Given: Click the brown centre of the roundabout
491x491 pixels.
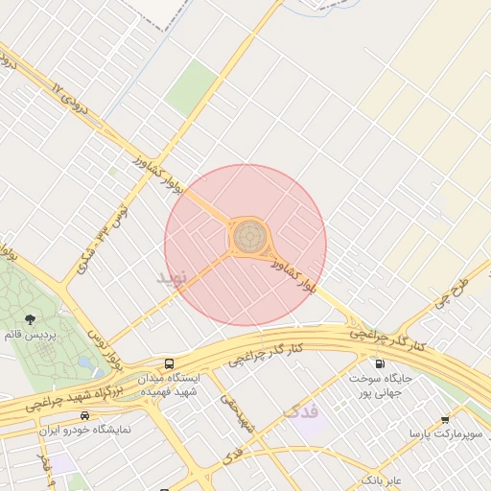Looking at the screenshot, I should pyautogui.click(x=249, y=232).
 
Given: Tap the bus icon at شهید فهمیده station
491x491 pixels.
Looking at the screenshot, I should pyautogui.click(x=169, y=364).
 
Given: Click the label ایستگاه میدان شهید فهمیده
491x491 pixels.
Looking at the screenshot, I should pyautogui.click(x=168, y=386).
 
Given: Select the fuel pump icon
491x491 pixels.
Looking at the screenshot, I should pyautogui.click(x=381, y=364).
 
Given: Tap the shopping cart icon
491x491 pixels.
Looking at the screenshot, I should pyautogui.click(x=445, y=420).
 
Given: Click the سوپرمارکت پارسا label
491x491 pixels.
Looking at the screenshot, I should pyautogui.click(x=442, y=435).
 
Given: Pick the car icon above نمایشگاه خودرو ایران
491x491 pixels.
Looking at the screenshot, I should pyautogui.click(x=85, y=415).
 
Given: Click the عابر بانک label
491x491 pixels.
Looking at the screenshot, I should pyautogui.click(x=381, y=477).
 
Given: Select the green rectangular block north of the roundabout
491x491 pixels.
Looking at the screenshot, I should pyautogui.click(x=192, y=87).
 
